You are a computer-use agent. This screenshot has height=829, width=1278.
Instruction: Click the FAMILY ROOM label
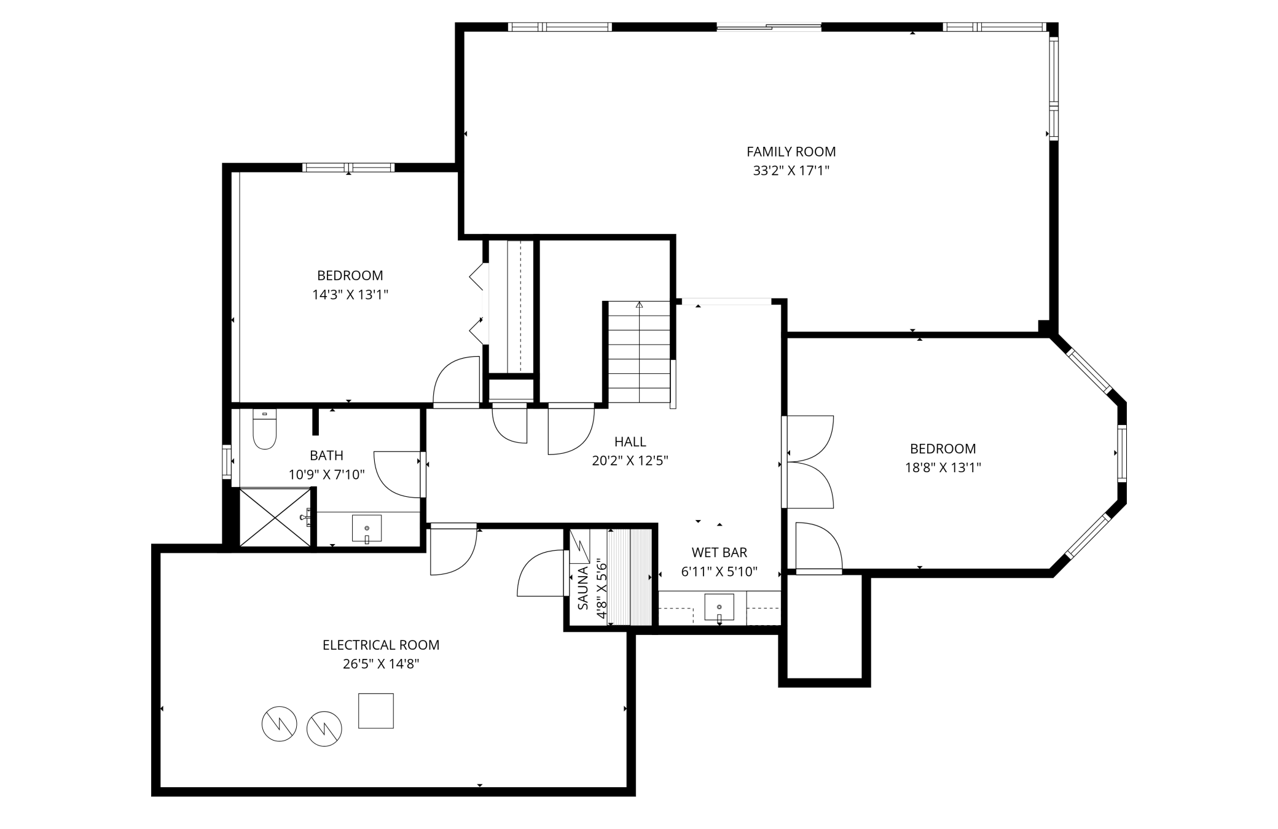click(x=791, y=152)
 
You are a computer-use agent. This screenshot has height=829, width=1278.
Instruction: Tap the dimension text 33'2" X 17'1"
click(x=791, y=171)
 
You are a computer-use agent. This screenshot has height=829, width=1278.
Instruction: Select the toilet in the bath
click(x=265, y=429)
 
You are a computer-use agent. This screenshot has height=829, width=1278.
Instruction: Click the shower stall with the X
click(x=275, y=517)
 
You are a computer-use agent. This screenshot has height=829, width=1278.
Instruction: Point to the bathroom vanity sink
click(x=367, y=528)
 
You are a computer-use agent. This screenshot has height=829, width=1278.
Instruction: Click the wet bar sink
click(x=719, y=607)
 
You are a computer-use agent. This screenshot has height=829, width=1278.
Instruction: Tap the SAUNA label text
click(x=582, y=588)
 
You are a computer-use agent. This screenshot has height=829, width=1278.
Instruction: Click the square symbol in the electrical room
click(x=375, y=710)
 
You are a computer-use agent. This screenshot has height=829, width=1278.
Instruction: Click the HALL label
click(x=630, y=442)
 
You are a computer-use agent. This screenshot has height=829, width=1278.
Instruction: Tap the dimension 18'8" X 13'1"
click(x=943, y=468)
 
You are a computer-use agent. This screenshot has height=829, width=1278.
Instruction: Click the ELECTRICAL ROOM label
click(x=380, y=645)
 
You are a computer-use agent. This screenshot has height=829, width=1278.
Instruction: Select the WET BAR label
click(x=719, y=552)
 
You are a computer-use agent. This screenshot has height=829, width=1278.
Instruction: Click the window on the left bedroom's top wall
click(x=348, y=168)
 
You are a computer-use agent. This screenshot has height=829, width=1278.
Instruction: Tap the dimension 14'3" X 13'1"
click(x=350, y=295)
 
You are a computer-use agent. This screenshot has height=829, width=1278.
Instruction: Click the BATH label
click(x=326, y=455)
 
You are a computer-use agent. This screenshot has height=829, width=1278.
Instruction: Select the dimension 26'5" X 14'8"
click(x=380, y=664)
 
